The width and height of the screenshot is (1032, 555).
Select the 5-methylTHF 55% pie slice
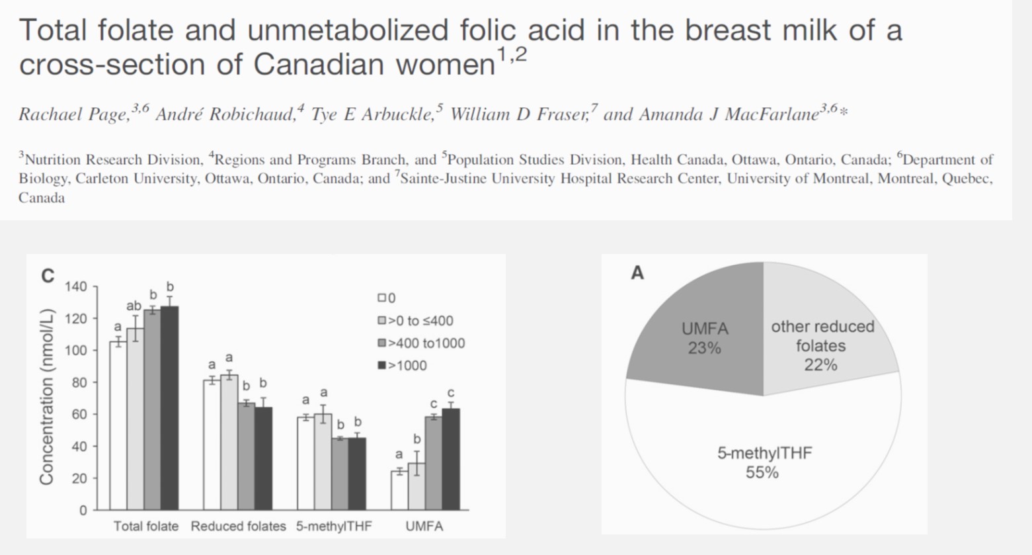[x=762, y=462]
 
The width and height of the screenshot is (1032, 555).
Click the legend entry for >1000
[x=402, y=366]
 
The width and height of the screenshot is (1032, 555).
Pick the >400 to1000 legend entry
[x=421, y=343]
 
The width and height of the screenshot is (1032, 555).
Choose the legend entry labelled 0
[x=387, y=298]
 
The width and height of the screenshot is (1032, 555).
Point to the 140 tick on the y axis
[x=76, y=287]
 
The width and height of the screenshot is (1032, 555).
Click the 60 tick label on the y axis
[x=79, y=415]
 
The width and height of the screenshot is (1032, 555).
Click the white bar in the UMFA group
[x=399, y=490]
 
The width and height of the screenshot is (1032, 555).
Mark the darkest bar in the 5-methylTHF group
[x=357, y=474]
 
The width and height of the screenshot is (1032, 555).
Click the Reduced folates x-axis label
[x=238, y=527]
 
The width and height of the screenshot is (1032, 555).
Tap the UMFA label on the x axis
[x=424, y=527]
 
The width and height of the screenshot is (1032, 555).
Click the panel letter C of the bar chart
[x=48, y=276]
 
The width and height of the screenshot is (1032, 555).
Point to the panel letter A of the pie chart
[x=637, y=273]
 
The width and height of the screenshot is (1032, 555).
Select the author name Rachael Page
[x=73, y=114]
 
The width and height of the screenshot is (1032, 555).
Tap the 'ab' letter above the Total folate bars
[x=134, y=306]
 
